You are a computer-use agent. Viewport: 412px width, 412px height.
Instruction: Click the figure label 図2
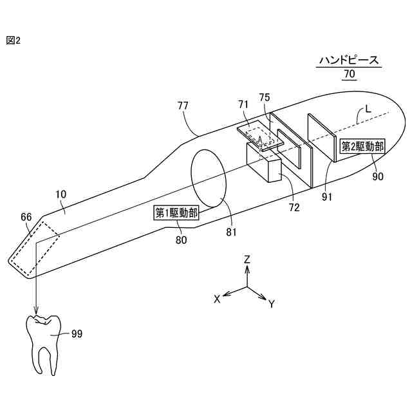[14, 40]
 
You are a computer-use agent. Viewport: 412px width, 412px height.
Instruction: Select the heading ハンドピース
[349, 61]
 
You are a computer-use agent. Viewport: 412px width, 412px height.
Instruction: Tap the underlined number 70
[349, 74]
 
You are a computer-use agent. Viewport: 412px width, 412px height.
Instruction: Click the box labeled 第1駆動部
[176, 213]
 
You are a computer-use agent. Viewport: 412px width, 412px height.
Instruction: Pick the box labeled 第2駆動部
[362, 147]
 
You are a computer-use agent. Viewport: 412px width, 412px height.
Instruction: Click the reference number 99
[77, 333]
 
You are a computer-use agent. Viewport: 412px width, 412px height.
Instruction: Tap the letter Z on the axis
[247, 259]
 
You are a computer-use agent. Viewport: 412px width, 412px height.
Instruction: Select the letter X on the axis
[218, 299]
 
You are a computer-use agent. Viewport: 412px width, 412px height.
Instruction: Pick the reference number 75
[265, 98]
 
